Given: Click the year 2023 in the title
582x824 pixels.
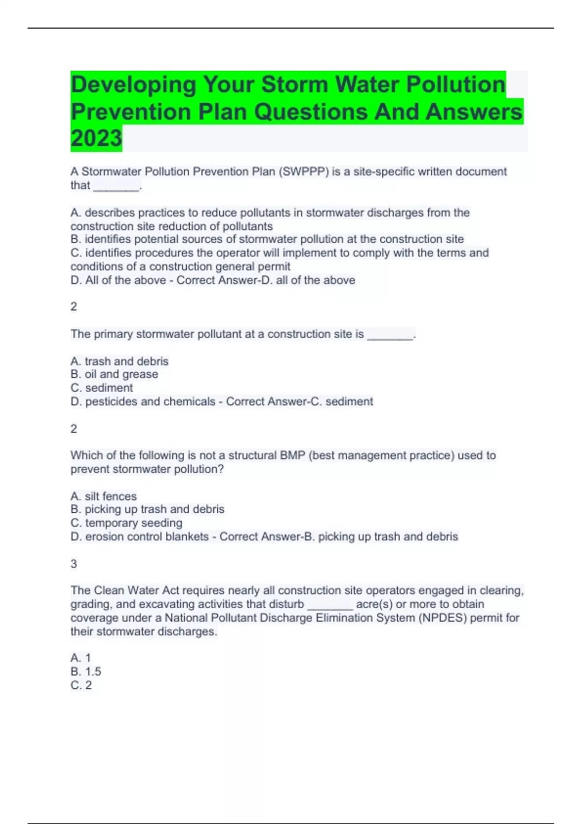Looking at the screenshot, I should pos(96,139).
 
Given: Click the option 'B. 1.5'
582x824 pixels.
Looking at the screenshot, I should pos(86,672).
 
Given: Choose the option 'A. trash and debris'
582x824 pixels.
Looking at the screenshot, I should pos(119,362).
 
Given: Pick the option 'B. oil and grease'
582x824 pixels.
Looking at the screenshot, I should pos(114,374).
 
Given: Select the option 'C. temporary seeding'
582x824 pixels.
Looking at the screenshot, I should pos(127,523).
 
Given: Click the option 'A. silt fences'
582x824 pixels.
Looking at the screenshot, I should pos(104,496).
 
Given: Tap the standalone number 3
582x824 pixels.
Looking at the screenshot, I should pos(74,564).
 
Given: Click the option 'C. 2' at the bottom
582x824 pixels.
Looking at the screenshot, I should pos(81,685).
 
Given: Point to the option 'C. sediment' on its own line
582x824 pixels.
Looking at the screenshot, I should pos(102,388).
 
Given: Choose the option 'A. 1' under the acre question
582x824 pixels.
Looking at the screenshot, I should pos(81,658).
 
